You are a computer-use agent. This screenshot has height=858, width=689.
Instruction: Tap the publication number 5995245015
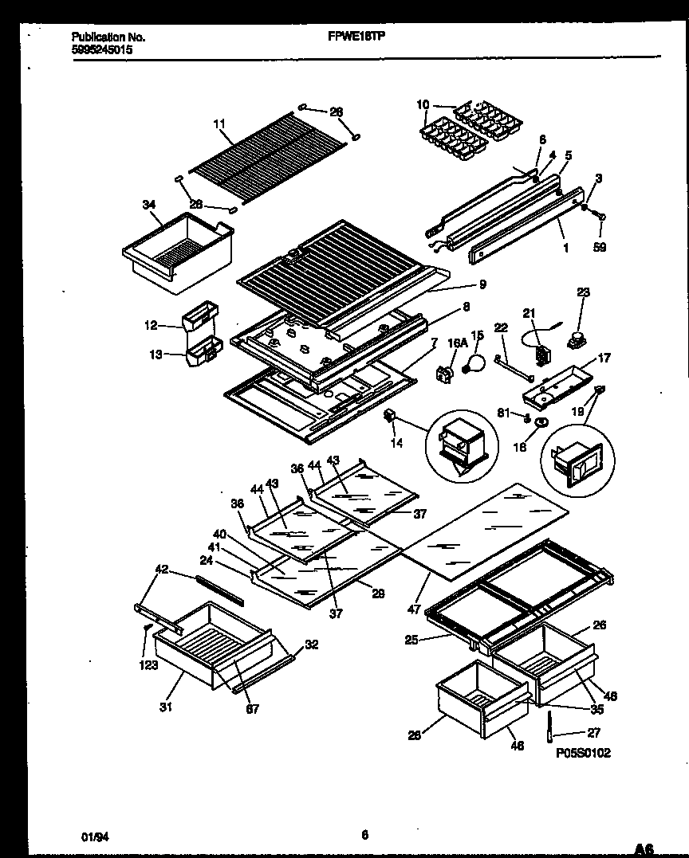pyautogui.click(x=102, y=49)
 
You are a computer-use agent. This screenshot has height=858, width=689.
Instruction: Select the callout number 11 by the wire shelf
pyautogui.click(x=219, y=123)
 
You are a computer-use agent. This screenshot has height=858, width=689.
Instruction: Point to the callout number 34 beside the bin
pyautogui.click(x=149, y=206)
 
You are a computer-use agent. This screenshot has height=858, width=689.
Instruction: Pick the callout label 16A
pyautogui.click(x=456, y=343)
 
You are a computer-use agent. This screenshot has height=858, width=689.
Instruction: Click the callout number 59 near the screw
pyautogui.click(x=600, y=248)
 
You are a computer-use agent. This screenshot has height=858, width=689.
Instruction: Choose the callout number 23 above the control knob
pyautogui.click(x=583, y=292)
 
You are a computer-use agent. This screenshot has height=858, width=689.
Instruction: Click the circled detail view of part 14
pyautogui.click(x=459, y=445)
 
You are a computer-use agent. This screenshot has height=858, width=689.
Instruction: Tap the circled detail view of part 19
pyautogui.click(x=577, y=464)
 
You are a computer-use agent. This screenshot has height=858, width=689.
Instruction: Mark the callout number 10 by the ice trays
pyautogui.click(x=423, y=104)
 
